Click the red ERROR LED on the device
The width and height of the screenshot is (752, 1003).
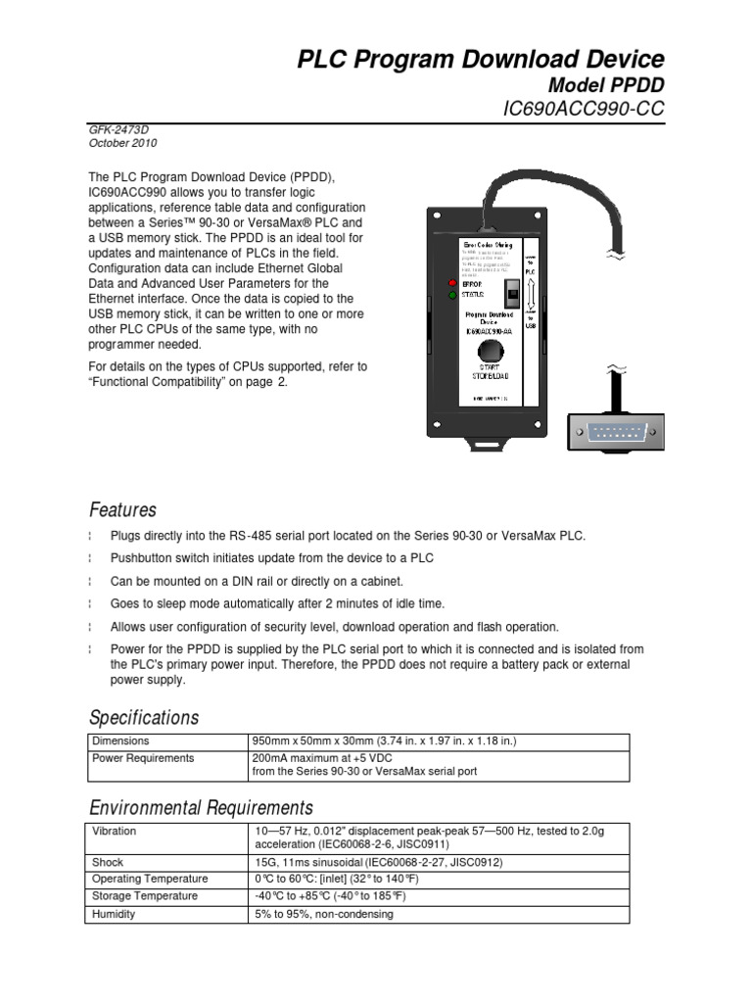[452, 283]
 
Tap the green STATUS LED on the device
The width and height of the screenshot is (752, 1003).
[452, 294]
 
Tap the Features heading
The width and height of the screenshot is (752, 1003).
[122, 510]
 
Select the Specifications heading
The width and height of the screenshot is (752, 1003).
[144, 717]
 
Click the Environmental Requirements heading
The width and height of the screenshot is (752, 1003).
[201, 808]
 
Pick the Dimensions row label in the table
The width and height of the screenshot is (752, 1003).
[120, 741]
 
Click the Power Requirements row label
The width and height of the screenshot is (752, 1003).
[143, 757]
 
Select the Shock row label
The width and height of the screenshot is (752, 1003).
[108, 863]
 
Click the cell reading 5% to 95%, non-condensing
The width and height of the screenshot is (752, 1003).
[323, 914]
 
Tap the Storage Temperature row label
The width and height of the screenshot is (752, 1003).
[144, 896]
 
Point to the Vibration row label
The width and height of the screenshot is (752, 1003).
[114, 831]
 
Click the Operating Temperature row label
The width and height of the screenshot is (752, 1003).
[149, 880]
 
